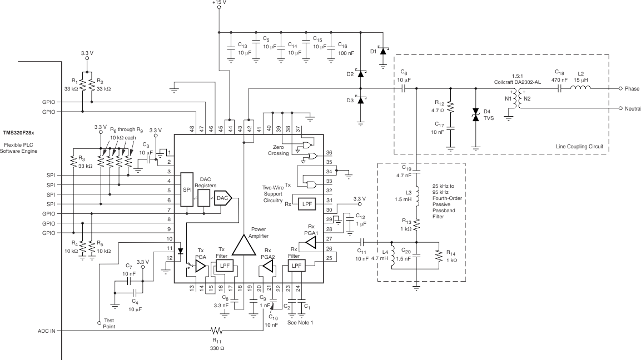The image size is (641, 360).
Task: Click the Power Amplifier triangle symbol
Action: (242, 245)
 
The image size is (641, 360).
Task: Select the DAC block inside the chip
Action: (222, 198)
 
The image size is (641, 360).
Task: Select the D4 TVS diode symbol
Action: (475, 116)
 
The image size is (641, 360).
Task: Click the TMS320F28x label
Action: (19, 133)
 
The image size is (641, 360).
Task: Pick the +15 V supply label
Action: (219, 3)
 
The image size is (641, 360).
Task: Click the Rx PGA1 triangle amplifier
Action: (310, 242)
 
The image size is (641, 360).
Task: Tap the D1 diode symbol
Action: (382, 51)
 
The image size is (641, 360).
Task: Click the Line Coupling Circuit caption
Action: (579, 147)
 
